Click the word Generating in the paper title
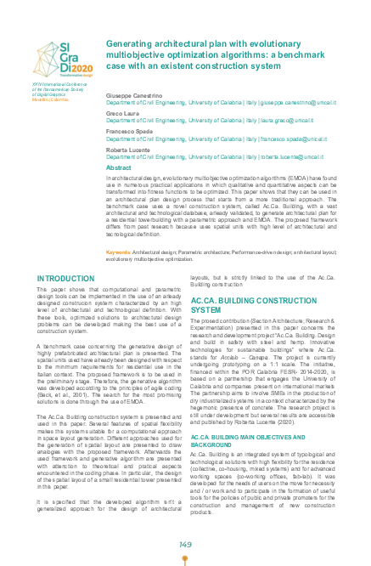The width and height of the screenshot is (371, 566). pos(130,42)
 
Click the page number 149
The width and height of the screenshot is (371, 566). pos(185,521)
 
